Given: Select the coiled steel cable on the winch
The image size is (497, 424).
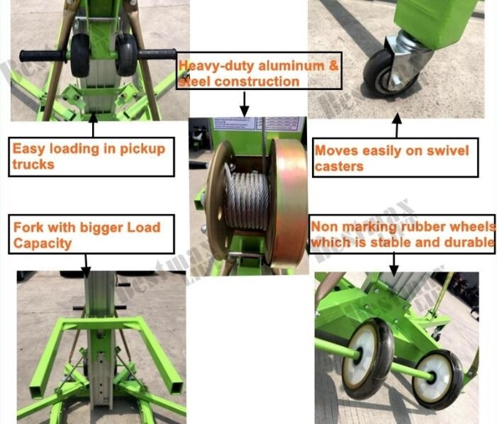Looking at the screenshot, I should coord(246,198).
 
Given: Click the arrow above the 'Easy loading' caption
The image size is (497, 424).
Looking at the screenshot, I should coord(92,127).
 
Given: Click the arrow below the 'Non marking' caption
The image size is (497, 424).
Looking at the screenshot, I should coord(395,260).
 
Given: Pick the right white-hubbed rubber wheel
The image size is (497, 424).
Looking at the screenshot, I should coord(437,379).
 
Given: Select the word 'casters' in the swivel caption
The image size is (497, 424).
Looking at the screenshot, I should coord(338,167).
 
